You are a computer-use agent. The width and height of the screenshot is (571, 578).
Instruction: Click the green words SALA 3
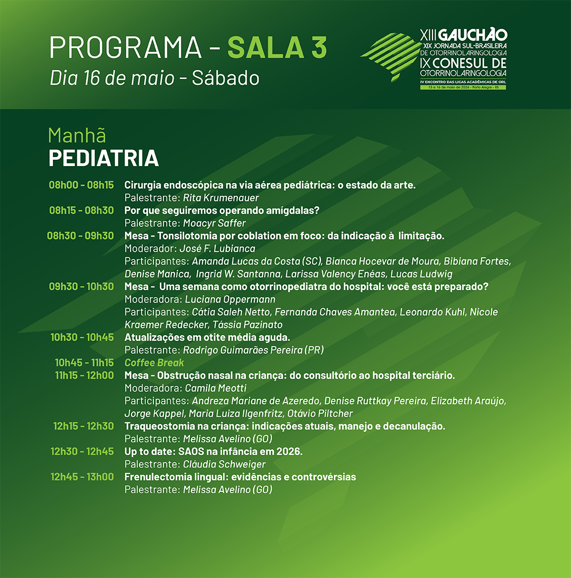(x=277, y=47)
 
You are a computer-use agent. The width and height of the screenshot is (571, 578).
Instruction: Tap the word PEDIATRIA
(x=104, y=158)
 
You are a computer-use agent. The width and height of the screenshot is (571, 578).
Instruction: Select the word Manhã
(x=77, y=135)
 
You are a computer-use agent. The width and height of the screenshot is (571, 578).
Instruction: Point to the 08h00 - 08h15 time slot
(x=81, y=185)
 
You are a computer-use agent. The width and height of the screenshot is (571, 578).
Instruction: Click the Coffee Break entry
(x=154, y=362)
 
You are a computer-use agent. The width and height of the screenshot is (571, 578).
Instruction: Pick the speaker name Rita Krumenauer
(x=221, y=198)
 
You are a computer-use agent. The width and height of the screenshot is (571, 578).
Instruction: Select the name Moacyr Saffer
(x=214, y=223)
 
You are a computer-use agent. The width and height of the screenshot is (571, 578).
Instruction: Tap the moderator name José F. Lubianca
(x=217, y=249)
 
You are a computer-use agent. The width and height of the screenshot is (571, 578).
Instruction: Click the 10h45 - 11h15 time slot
(x=85, y=362)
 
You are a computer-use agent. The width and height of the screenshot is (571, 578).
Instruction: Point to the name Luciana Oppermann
(x=230, y=299)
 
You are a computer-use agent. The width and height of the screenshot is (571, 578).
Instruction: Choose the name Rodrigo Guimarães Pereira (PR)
(x=254, y=350)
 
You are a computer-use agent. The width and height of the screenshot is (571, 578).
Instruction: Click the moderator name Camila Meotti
(x=216, y=388)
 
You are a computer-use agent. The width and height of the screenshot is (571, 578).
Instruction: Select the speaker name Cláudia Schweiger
(x=224, y=464)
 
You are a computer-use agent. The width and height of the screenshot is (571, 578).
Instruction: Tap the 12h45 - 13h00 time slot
(x=82, y=476)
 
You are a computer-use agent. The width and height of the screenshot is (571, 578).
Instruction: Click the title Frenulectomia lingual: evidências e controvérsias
(x=241, y=477)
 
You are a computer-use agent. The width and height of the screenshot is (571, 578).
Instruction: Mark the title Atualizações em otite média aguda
(x=207, y=337)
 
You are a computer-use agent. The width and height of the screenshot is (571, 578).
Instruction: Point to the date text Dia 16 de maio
(x=112, y=78)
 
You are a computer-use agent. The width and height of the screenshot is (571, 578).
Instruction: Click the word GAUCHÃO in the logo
(x=473, y=35)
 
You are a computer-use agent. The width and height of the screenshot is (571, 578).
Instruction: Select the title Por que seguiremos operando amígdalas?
(x=222, y=210)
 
